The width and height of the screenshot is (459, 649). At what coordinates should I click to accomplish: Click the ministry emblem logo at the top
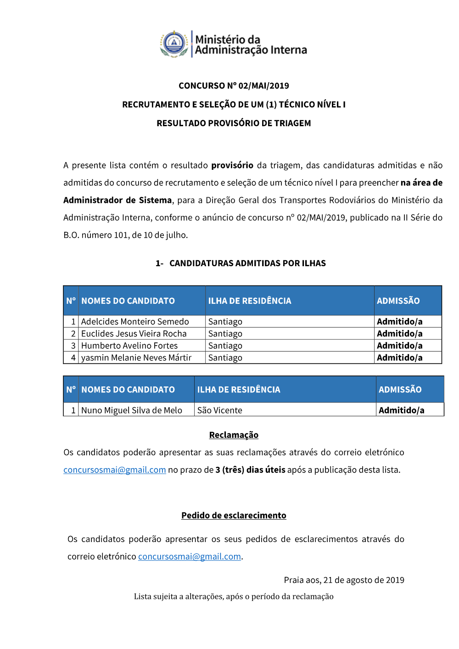tap(174, 44)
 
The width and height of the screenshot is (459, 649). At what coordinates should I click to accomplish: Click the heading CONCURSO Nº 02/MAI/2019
tap(234, 86)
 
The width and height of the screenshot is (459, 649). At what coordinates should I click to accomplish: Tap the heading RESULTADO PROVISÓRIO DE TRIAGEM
tap(234, 123)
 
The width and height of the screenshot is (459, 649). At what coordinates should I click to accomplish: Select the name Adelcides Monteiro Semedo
tap(135, 322)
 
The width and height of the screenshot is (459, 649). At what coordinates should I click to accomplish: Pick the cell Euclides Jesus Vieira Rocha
tap(134, 334)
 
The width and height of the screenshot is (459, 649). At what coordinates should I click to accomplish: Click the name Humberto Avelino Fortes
tap(129, 346)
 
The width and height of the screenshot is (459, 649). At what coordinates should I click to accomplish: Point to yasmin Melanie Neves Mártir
tap(136, 358)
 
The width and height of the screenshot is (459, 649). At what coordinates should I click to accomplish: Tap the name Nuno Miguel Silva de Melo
tap(132, 410)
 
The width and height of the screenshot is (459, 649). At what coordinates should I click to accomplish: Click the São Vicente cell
tap(220, 410)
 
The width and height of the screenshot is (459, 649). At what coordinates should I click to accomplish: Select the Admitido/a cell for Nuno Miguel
tap(402, 410)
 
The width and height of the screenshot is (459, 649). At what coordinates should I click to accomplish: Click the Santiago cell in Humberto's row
tap(225, 346)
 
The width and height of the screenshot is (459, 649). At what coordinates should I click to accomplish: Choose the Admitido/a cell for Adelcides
tap(400, 322)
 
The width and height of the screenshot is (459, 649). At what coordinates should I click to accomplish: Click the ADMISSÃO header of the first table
tap(398, 301)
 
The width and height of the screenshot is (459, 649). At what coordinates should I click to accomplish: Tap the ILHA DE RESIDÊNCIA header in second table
tap(239, 390)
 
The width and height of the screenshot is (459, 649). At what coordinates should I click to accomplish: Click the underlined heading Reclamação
tap(234, 435)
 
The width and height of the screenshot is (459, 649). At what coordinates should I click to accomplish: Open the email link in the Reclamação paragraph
tap(115, 470)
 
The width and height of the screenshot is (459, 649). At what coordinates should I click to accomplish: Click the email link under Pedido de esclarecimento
tap(190, 557)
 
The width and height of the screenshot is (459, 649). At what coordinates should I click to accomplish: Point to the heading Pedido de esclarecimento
tap(234, 515)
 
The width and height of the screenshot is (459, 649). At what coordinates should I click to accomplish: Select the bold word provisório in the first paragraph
tap(232, 165)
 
